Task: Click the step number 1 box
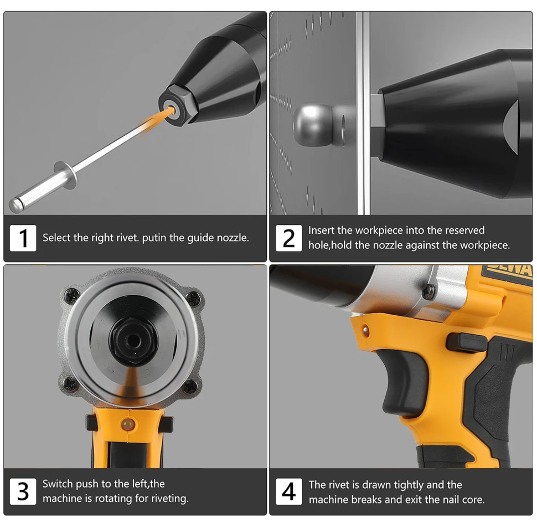click(x=23, y=238)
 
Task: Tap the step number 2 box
click(x=288, y=238)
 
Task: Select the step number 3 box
click(x=23, y=491)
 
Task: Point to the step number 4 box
click(x=288, y=491)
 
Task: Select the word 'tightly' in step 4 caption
click(x=409, y=485)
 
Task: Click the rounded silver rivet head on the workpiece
click(x=313, y=125)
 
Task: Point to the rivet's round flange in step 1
click(x=65, y=175)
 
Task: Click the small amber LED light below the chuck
click(x=127, y=424)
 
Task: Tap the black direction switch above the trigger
click(x=466, y=342)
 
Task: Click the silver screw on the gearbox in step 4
click(x=428, y=291)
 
